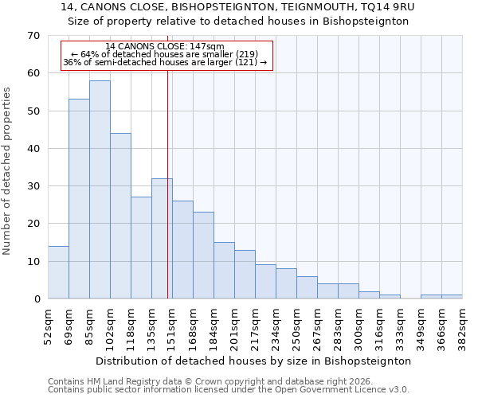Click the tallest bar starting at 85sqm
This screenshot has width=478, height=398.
click(100, 189)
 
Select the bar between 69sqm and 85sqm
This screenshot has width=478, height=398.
click(79, 199)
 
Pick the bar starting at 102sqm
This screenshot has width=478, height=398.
click(120, 216)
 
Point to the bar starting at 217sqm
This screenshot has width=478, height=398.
click(265, 281)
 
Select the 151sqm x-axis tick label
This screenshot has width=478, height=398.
click(172, 325)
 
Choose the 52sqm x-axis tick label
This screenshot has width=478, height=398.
click(48, 325)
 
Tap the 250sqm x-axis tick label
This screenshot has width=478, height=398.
click(296, 325)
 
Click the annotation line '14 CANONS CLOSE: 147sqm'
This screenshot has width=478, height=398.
click(165, 47)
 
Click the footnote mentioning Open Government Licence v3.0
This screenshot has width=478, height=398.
click(229, 390)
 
